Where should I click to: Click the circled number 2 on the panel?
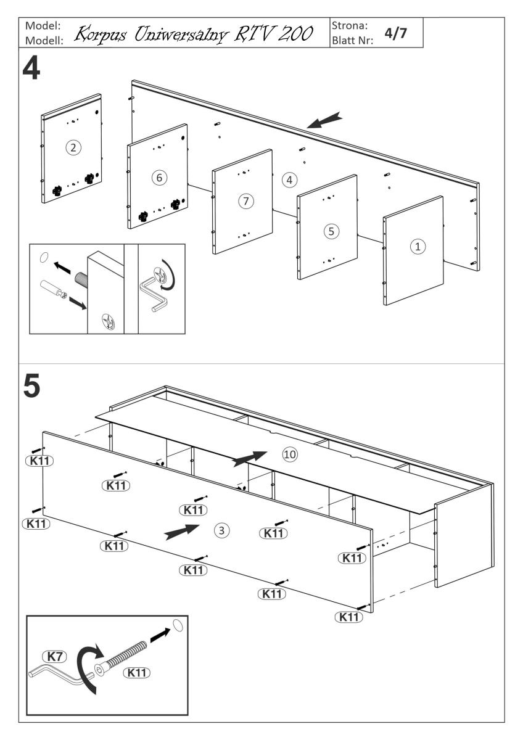tap(73, 147)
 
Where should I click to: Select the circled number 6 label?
tap(159, 178)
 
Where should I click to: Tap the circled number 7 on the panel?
tap(247, 201)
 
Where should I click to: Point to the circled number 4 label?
tap(289, 180)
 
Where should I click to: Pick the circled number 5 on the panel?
tap(332, 231)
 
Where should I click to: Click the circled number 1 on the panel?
tap(418, 246)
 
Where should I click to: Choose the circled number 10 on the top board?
tap(290, 454)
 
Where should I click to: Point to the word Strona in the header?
tap(350, 27)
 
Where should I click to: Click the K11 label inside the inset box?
tap(138, 673)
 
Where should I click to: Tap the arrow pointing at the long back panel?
tap(324, 120)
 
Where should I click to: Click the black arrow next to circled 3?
tap(183, 532)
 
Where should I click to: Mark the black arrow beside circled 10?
tap(250, 458)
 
